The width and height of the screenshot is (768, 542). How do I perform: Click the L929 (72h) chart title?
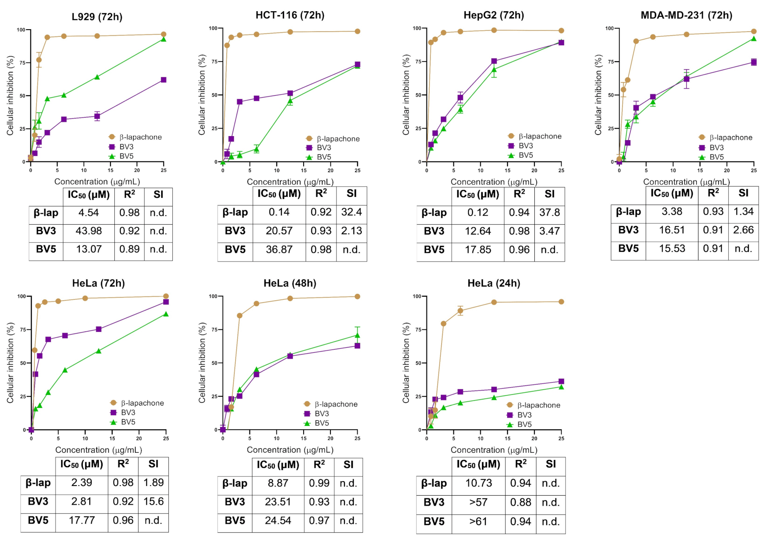pos(97,17)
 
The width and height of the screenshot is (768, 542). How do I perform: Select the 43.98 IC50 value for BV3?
pos(88,231)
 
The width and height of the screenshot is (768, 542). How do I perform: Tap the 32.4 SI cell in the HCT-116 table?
pos(351,212)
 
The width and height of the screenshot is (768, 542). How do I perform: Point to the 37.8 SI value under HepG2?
pos(549,213)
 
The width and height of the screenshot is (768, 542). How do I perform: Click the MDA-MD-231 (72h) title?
pos(686,15)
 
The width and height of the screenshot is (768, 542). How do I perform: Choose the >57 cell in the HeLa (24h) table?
pos(478,502)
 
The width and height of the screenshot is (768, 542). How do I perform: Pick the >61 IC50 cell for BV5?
pos(478,522)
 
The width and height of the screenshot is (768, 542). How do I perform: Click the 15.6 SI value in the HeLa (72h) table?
pos(153,502)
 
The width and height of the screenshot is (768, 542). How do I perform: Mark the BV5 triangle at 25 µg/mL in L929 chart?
pos(163,39)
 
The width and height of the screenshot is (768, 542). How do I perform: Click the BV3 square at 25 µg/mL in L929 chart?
pos(163,80)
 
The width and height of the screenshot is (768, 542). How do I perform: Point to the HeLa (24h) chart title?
pos(494,283)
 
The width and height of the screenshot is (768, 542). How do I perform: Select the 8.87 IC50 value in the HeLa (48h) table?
pos(278,483)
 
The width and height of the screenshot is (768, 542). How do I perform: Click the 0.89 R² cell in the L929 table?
pos(129,249)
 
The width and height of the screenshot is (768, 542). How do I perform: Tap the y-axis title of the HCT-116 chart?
pos(202,95)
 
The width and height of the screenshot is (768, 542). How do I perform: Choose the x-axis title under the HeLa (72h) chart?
pos(98,450)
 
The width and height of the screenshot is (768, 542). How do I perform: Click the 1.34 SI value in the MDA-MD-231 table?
pos(743,211)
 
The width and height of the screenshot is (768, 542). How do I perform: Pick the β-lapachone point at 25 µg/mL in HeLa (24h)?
pos(561,302)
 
